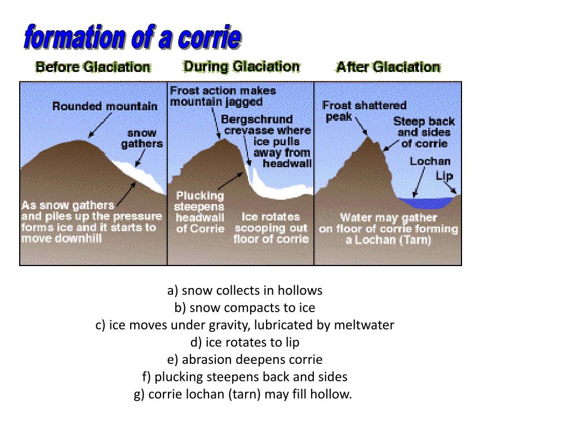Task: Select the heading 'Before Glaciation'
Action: coord(93,67)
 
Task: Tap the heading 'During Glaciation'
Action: coord(241,66)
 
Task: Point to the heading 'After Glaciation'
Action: coord(388,67)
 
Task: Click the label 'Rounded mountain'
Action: coord(105,106)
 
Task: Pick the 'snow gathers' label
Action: coord(142,138)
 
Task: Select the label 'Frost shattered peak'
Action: coord(363,110)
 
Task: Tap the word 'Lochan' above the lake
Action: coord(430,161)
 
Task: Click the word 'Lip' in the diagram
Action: coord(444,175)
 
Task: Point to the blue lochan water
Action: coord(425,202)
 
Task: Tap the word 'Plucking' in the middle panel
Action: coord(200,196)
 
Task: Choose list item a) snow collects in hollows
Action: coord(245,290)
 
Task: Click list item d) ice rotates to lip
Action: coord(245,342)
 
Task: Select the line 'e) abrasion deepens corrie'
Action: coord(245,359)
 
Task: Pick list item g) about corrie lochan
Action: coord(243,394)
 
